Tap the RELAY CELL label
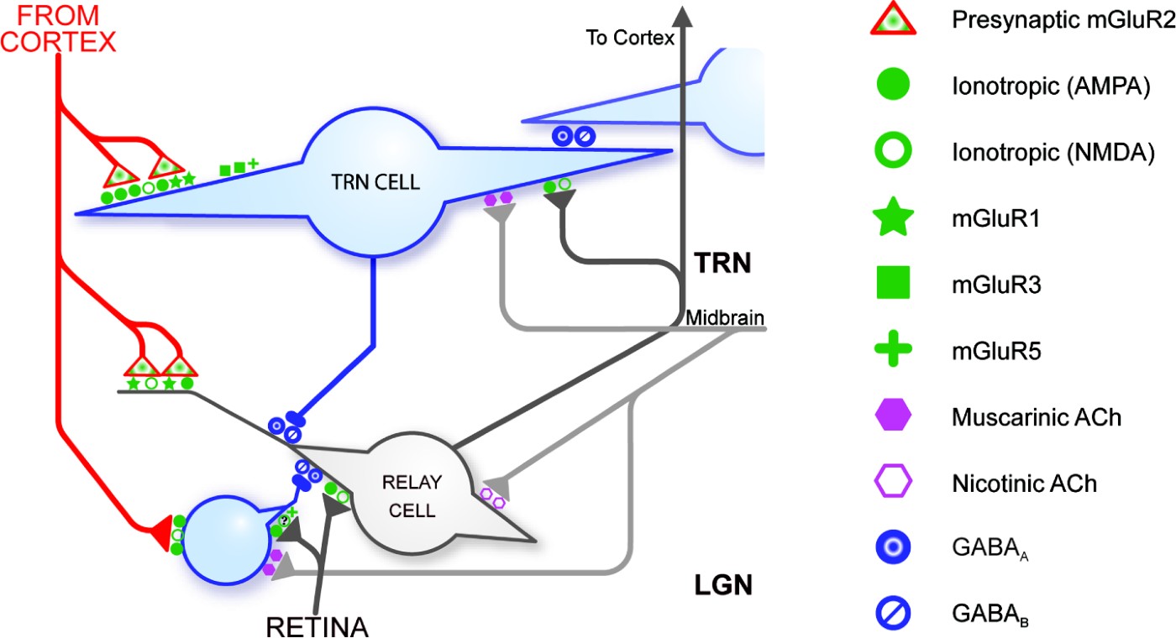tap(411, 494)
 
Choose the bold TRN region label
tap(721, 264)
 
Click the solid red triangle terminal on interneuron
tap(160, 535)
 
